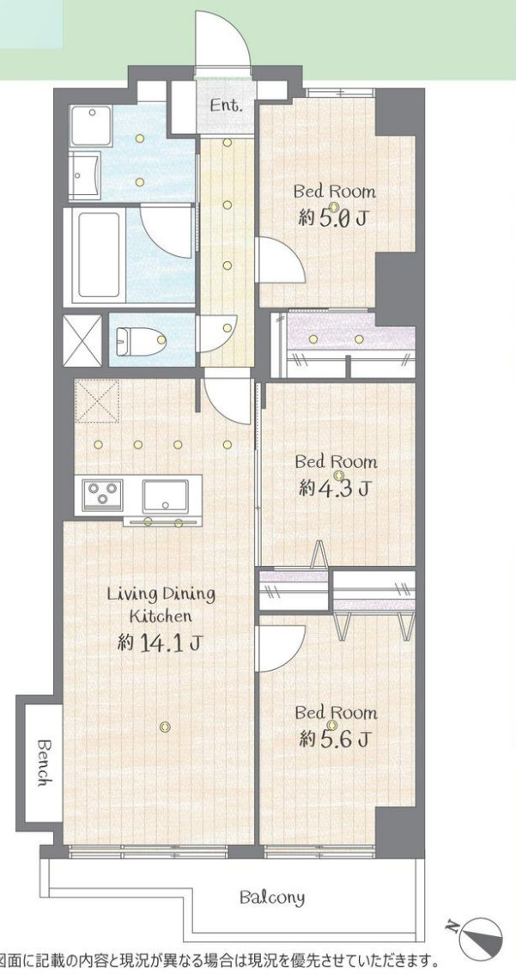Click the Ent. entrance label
227,107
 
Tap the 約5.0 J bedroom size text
333,218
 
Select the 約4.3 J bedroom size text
335,489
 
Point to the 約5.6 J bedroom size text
335,739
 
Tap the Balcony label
271,898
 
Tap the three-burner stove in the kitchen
102,496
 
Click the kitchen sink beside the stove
166,496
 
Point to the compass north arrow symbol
478,937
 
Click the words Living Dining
161,594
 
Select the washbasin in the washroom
85,177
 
